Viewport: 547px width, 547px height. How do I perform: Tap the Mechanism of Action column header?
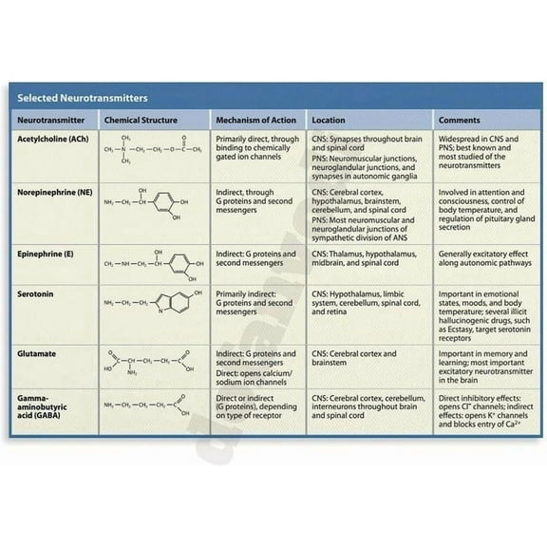(x=255, y=121)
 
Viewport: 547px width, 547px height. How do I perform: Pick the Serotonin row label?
(x=35, y=294)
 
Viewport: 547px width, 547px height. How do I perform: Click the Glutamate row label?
(x=36, y=353)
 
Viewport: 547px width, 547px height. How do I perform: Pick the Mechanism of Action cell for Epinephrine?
(x=255, y=258)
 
